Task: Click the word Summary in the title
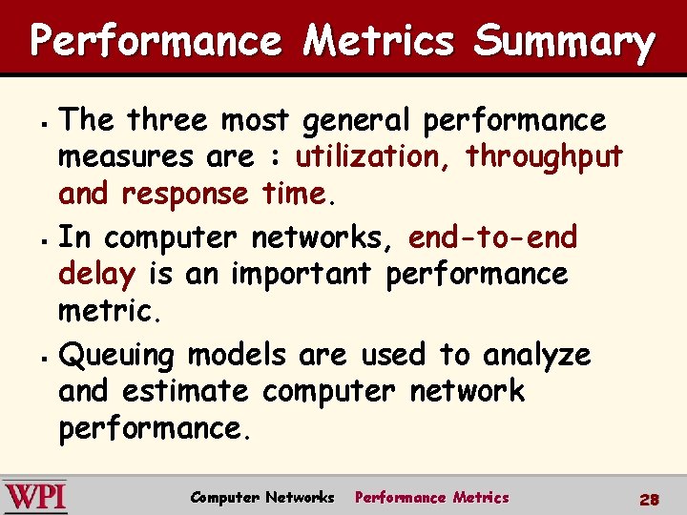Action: pos(564,42)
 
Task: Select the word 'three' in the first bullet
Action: pos(169,121)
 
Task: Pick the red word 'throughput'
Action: pos(545,157)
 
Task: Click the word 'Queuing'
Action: pos(116,357)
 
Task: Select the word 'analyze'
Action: pos(537,357)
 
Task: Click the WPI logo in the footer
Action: pos(35,497)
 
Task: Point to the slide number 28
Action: pos(650,499)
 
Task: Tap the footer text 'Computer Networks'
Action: pos(262,498)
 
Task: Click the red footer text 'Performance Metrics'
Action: pos(431,498)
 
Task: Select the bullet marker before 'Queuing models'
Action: pos(45,358)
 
